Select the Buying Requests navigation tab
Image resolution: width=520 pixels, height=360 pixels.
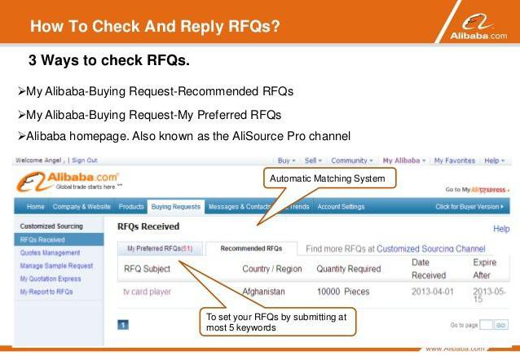coord(175,207)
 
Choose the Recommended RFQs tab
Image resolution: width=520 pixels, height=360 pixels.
coord(251,248)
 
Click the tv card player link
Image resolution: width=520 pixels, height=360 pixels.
coord(147,291)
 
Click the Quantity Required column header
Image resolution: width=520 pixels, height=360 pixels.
coord(348,269)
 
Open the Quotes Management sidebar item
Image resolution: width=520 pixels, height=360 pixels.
coord(49,252)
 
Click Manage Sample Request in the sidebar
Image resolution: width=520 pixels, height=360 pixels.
coord(56,266)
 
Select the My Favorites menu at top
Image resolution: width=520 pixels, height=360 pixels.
coord(455,160)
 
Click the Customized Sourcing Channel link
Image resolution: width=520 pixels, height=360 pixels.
coord(431,248)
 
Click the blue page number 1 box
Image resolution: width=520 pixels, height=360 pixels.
coord(123,324)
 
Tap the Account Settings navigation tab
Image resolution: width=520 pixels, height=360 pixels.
coord(341,207)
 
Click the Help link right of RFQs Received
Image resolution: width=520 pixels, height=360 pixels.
coord(500,229)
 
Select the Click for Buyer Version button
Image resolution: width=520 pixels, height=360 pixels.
coord(471,207)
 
